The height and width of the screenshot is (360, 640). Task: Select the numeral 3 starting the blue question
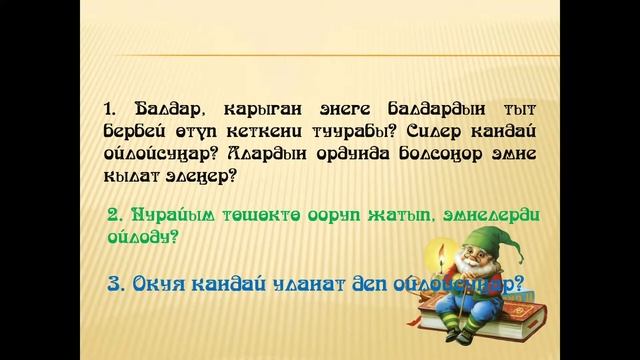click(x=113, y=285)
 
